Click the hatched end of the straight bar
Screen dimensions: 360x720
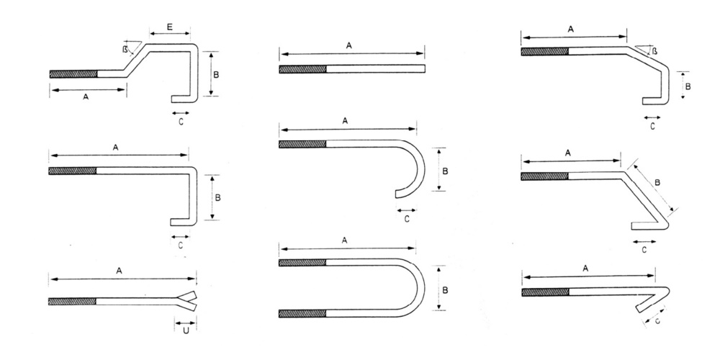click(x=303, y=69)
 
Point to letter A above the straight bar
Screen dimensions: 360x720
click(x=349, y=45)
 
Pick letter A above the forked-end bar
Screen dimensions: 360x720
click(x=119, y=270)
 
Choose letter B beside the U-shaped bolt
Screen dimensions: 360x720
click(x=446, y=289)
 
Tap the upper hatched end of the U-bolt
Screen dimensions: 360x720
click(x=302, y=262)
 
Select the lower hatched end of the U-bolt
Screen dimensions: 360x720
click(x=302, y=313)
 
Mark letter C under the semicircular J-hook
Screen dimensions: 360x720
click(x=408, y=219)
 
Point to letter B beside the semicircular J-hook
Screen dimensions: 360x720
click(x=446, y=171)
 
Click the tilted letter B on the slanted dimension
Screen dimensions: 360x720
click(x=657, y=184)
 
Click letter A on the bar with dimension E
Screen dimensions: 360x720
click(x=86, y=97)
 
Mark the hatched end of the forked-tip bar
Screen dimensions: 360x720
click(x=73, y=301)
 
